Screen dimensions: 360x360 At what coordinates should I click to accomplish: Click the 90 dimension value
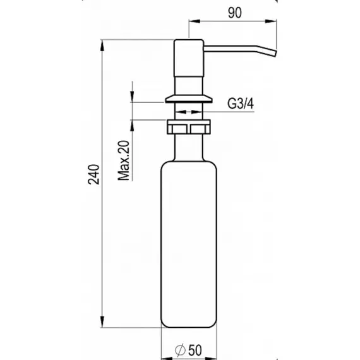click(235, 13)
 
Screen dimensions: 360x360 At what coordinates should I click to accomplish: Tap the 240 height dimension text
click(93, 174)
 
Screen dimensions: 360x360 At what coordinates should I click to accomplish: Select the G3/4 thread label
click(241, 104)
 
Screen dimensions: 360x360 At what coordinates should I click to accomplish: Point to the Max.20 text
click(123, 160)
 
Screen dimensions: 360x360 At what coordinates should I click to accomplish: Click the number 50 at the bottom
click(195, 350)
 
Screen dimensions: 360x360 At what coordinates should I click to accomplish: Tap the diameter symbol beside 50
click(180, 350)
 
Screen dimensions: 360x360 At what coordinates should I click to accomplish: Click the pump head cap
click(189, 58)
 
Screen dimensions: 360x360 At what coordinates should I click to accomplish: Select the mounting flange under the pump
click(189, 99)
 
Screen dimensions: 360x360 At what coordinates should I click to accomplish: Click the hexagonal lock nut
click(189, 127)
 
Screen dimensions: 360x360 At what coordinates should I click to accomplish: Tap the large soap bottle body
click(189, 244)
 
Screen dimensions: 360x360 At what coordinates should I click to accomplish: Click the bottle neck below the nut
click(189, 148)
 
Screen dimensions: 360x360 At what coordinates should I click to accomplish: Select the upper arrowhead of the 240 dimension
click(102, 45)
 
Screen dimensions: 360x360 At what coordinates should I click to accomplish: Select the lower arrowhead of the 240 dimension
click(102, 321)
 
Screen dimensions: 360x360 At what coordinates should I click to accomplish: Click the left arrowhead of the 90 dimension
click(195, 21)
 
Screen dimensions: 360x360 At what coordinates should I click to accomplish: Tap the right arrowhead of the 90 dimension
click(271, 21)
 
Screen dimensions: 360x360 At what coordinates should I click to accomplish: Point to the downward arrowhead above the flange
click(132, 97)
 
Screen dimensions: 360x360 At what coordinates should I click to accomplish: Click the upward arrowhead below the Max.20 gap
click(132, 126)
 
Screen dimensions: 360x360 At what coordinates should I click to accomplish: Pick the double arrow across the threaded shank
click(189, 112)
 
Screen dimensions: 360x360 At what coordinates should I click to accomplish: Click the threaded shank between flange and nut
click(189, 111)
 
